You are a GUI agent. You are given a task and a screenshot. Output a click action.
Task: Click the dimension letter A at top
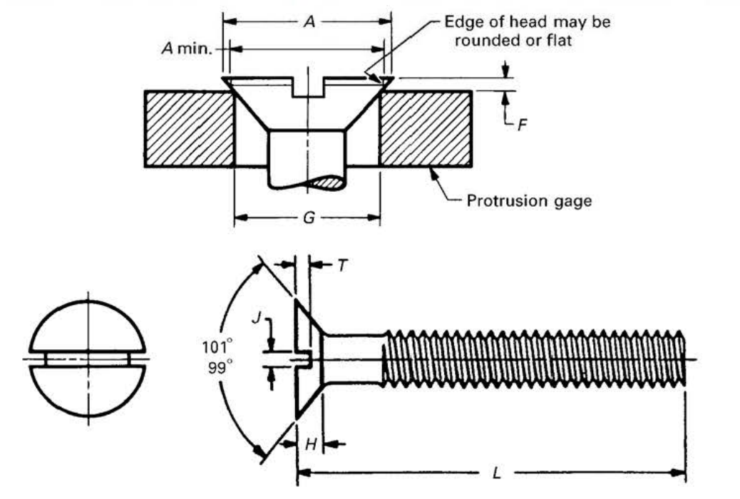[308, 22]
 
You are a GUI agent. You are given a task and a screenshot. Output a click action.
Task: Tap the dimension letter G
[308, 217]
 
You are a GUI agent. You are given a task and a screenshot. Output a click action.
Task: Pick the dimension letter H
[310, 445]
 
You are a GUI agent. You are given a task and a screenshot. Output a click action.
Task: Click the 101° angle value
[217, 350]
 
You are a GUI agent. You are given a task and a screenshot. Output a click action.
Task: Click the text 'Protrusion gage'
[528, 201]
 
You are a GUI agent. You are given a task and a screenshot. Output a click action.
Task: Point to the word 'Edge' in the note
[459, 22]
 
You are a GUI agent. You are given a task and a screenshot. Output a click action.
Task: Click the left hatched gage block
[189, 129]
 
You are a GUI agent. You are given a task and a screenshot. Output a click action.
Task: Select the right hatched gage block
[425, 129]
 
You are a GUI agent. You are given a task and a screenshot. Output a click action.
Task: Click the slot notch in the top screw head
[308, 88]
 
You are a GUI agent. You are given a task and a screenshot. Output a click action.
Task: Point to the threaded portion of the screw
[535, 359]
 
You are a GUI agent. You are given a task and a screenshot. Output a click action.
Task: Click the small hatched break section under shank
[329, 183]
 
